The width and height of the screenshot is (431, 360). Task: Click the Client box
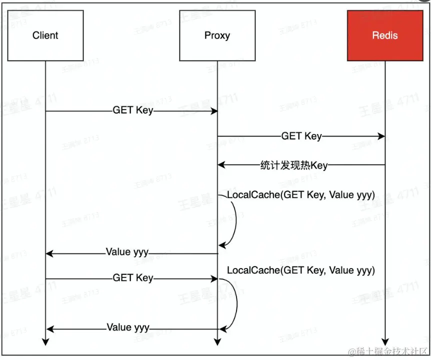pyautogui.click(x=45, y=35)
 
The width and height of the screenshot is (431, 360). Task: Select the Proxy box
pyautogui.click(x=217, y=35)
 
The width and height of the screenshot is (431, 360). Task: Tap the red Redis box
pyautogui.click(x=385, y=35)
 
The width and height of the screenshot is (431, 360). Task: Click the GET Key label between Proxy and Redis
pyautogui.click(x=301, y=136)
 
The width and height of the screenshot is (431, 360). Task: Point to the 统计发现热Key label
pyautogui.click(x=294, y=165)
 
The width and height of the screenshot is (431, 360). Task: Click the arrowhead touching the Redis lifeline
pyautogui.click(x=381, y=136)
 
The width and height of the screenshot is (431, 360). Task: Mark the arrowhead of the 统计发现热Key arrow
pyautogui.click(x=221, y=165)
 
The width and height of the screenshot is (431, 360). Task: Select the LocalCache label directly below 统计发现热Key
pyautogui.click(x=300, y=195)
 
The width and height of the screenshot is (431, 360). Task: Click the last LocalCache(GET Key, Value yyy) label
pyautogui.click(x=300, y=270)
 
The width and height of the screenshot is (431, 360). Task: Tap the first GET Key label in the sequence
pyautogui.click(x=132, y=110)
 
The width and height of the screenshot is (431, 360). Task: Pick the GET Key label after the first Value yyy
pyautogui.click(x=132, y=278)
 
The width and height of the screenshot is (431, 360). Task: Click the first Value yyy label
pyautogui.click(x=127, y=252)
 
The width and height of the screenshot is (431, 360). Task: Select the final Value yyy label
pyautogui.click(x=128, y=328)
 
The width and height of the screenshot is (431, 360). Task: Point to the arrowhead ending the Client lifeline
pyautogui.click(x=45, y=342)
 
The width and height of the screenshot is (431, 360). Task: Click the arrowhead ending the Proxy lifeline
pyautogui.click(x=217, y=342)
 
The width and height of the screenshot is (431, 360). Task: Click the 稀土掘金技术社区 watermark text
pyautogui.click(x=388, y=352)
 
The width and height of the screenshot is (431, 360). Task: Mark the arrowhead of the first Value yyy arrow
pyautogui.click(x=49, y=253)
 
